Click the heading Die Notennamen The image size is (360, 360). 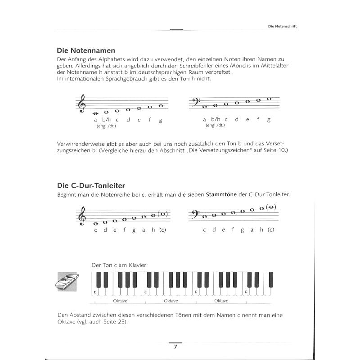click(x=86, y=51)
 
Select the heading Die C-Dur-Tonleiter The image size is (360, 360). click(x=91, y=185)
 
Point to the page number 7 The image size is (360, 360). click(x=176, y=347)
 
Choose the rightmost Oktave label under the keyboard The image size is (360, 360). click(x=221, y=300)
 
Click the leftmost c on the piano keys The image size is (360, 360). click(x=95, y=291)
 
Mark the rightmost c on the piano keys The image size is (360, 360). click(x=246, y=291)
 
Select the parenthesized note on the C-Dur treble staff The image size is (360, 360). click(x=163, y=214)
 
